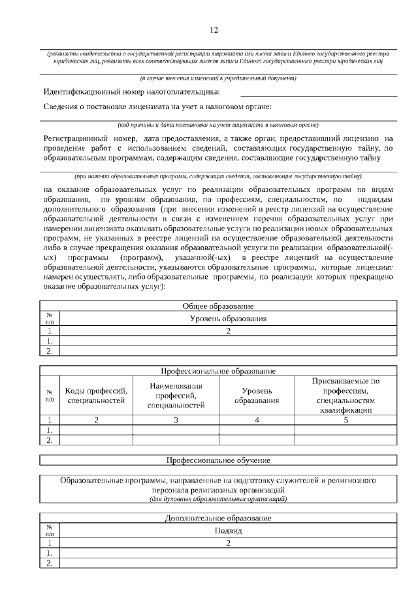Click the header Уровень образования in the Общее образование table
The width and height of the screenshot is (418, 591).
coord(228,318)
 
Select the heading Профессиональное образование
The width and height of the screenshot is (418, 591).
coord(217,371)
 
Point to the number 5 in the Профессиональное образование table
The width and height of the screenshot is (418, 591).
coord(346,420)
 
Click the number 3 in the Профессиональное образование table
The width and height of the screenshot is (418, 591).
coord(176,420)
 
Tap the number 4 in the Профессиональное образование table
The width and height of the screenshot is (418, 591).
coord(257,420)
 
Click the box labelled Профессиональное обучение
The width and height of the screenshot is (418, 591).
coord(217,460)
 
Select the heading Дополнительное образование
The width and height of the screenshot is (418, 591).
coord(217,518)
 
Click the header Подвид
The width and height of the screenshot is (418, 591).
coord(228,530)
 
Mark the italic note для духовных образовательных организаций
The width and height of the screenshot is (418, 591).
coord(217,499)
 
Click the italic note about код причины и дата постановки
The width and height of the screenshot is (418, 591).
coord(217,124)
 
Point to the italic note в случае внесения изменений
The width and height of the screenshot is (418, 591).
coord(217,78)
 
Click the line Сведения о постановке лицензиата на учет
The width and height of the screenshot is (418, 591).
coord(157,106)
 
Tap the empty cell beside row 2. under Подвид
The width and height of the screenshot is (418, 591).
coord(228,564)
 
